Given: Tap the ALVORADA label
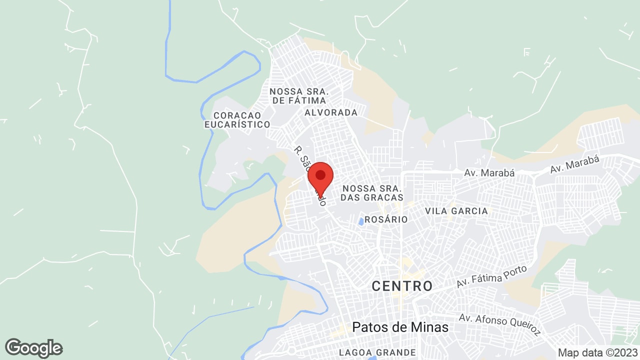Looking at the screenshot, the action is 331,112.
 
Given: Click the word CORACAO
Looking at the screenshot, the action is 237,115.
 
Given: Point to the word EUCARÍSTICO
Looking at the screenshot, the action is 237,124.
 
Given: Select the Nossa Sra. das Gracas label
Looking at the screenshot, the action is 371,193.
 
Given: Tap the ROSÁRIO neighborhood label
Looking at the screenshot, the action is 386,219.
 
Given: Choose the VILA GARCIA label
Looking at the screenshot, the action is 456,211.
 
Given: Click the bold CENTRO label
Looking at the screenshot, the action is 402,286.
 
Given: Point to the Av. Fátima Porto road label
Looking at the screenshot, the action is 492,276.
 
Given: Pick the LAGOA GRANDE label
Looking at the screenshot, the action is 377,352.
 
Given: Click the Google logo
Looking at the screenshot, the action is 33,348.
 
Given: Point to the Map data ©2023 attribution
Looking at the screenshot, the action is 597,352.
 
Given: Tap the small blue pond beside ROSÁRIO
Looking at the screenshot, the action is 361,220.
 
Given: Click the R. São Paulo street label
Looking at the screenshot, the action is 310,175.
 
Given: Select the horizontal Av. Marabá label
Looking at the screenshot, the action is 482,173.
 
